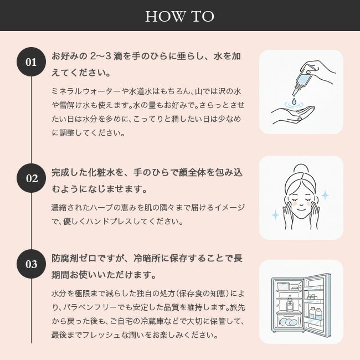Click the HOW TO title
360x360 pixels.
[180, 16]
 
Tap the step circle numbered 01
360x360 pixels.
[31, 62]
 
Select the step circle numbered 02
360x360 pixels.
[31, 178]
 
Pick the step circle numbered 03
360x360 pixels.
[31, 264]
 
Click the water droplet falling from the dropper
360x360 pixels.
[294, 101]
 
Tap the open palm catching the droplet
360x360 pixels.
[292, 114]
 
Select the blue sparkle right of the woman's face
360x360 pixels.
[325, 196]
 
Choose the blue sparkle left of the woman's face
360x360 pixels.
[275, 215]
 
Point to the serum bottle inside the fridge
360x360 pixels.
[290, 304]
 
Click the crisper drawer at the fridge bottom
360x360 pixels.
[289, 321]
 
